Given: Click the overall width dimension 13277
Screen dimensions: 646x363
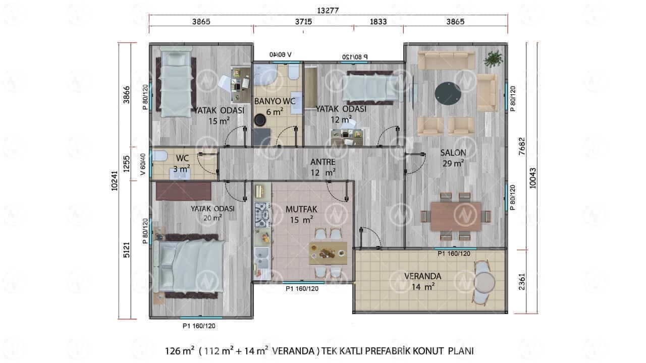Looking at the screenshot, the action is [328, 11].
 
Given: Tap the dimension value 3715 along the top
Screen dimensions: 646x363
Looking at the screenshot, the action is [303, 22].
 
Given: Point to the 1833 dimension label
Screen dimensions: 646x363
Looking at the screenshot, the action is [378, 22].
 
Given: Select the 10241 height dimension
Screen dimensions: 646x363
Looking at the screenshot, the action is [115, 180].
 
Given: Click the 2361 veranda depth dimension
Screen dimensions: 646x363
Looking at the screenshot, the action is [522, 281].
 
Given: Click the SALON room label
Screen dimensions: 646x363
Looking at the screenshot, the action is [453, 153].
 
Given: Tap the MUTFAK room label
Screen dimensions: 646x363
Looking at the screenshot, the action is [301, 209].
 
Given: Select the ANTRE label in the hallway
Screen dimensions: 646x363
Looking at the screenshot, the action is [322, 162].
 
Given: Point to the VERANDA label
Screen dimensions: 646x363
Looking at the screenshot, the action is [423, 276].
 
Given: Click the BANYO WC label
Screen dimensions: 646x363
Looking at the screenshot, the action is [275, 101].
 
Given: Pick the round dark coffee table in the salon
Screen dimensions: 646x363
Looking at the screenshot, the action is [448, 94].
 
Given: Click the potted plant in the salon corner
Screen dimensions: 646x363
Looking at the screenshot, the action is [494, 58].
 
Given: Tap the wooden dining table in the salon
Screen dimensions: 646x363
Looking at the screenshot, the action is [456, 216].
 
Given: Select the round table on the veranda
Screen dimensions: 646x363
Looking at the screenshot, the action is [484, 282].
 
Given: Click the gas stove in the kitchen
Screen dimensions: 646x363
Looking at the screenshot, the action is [262, 215].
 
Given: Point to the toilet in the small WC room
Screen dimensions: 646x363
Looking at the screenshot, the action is [160, 156].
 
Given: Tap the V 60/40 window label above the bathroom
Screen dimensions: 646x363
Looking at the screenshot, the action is [280, 54].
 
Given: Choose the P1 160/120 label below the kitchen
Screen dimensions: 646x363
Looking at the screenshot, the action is [302, 289].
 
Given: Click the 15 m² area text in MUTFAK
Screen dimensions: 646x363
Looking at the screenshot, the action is [301, 220].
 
